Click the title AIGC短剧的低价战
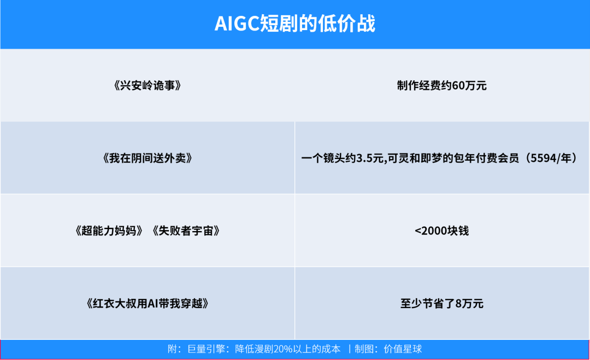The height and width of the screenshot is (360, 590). (295, 24)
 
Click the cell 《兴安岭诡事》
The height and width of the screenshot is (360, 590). (147, 86)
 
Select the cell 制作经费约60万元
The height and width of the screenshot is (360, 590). (442, 86)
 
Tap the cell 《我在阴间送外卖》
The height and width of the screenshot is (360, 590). (147, 158)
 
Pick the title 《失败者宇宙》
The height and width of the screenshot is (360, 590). (186, 231)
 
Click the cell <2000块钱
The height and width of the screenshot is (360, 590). (442, 231)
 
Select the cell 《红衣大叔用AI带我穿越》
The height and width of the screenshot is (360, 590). (147, 304)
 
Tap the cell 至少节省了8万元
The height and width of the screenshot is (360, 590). (442, 304)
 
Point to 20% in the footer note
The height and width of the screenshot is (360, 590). (286, 349)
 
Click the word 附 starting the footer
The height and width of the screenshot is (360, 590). (172, 349)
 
